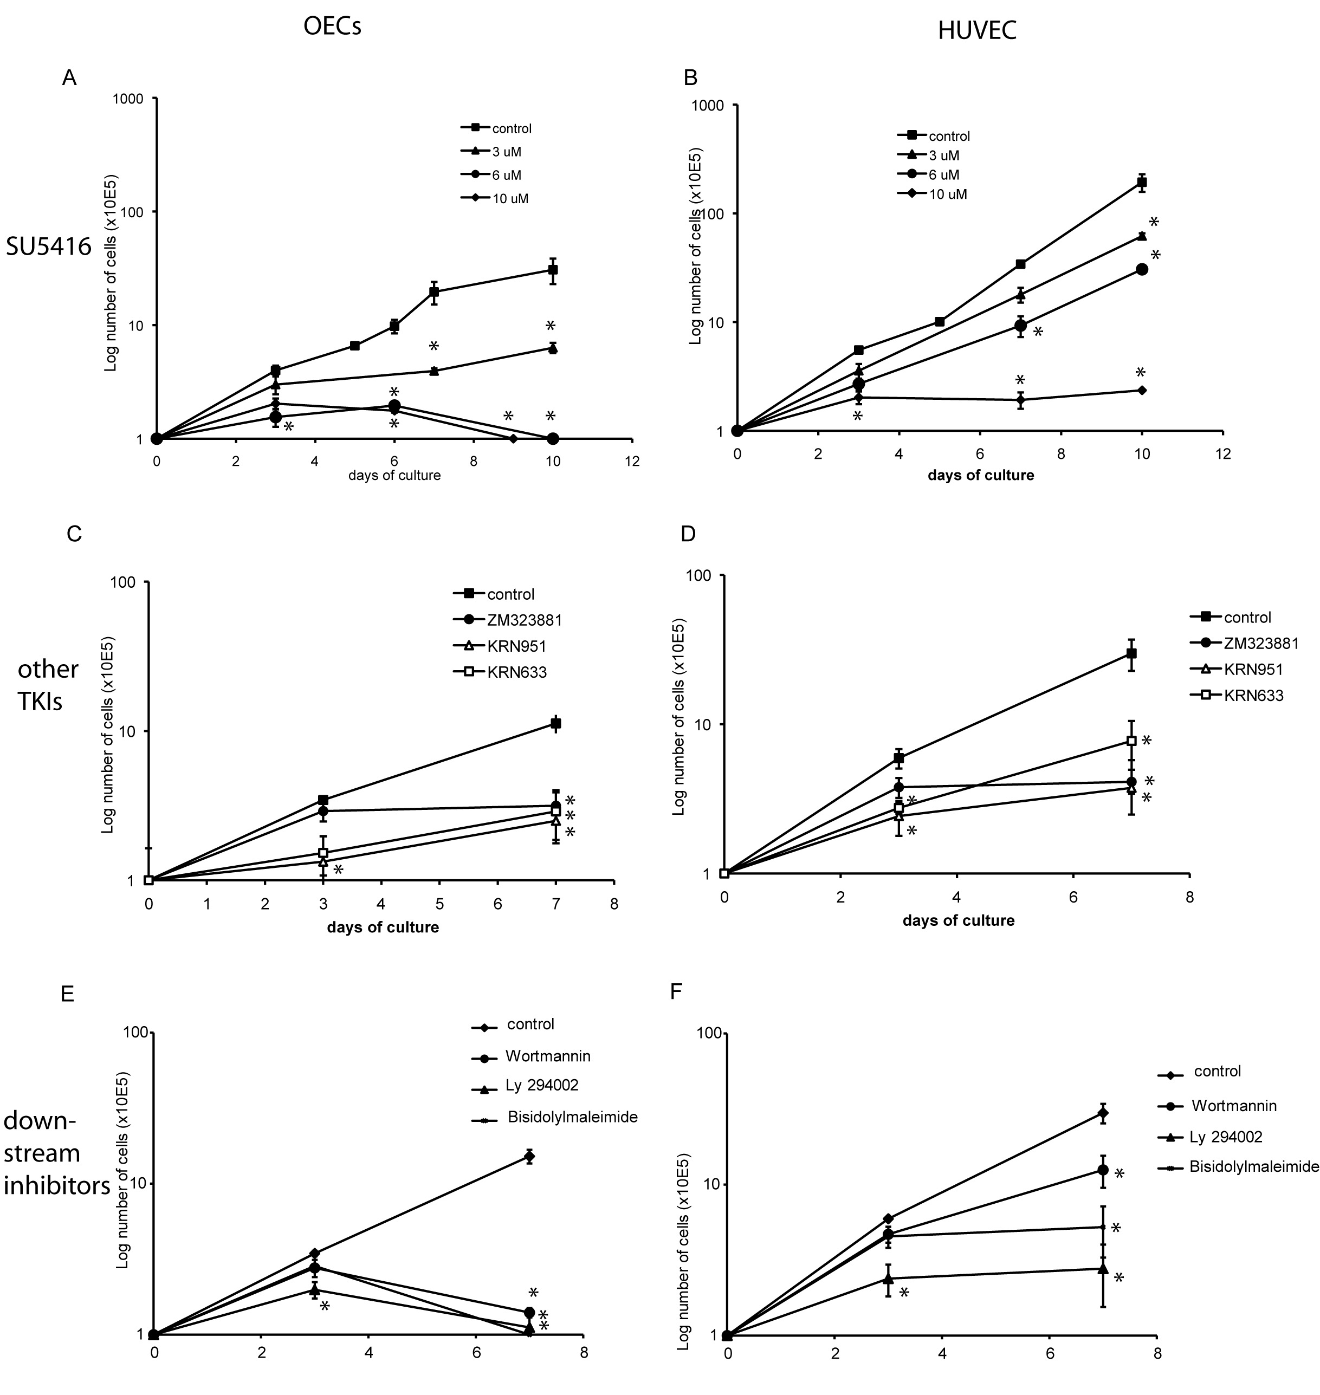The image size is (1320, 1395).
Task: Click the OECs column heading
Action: pyautogui.click(x=332, y=27)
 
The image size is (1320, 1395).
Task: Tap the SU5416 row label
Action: pyautogui.click(x=49, y=247)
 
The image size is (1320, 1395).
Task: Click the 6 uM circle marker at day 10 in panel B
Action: pyautogui.click(x=1142, y=269)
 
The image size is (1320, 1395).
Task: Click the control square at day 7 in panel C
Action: pyautogui.click(x=556, y=723)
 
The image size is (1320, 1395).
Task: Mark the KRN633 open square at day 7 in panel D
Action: pyautogui.click(x=1131, y=741)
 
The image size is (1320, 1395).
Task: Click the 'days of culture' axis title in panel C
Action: pyautogui.click(x=383, y=927)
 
